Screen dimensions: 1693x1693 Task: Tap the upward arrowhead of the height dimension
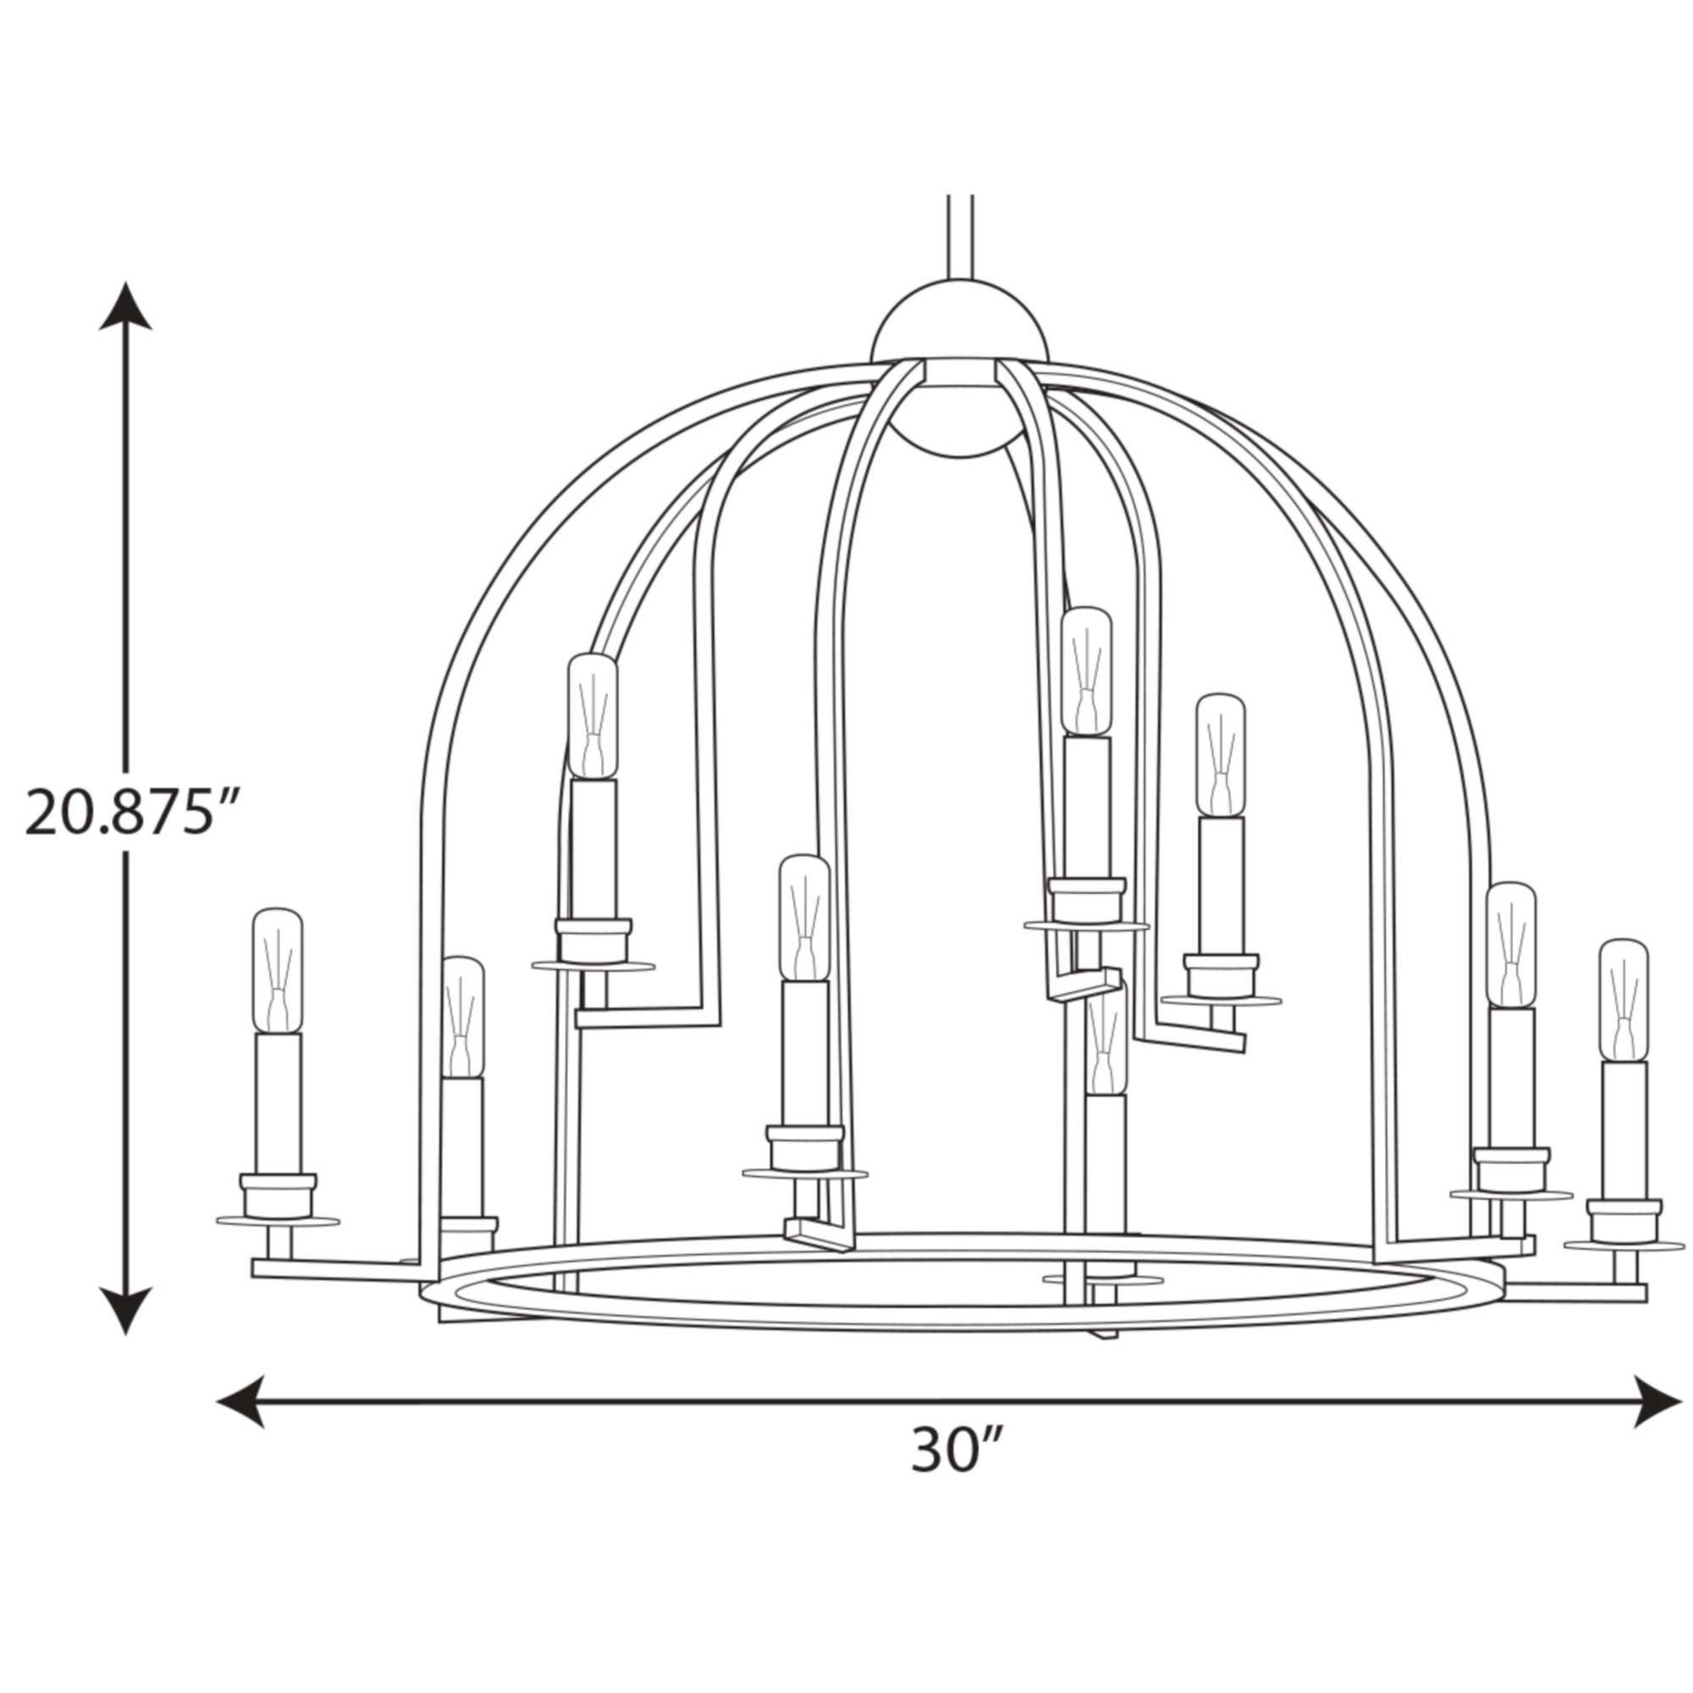pyautogui.click(x=125, y=304)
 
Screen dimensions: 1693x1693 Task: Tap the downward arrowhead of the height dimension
pyautogui.click(x=125, y=1311)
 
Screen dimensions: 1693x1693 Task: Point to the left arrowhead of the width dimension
pyautogui.click(x=240, y=1401)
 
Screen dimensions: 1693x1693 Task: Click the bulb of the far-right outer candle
pyautogui.click(x=1622, y=1000)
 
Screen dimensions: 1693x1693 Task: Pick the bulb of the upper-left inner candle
pyautogui.click(x=593, y=717)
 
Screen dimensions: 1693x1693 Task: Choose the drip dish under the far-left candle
pyautogui.click(x=278, y=1221)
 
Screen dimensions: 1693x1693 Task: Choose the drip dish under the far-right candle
pyautogui.click(x=1624, y=1244)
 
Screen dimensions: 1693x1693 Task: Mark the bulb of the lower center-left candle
pyautogui.click(x=804, y=919)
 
